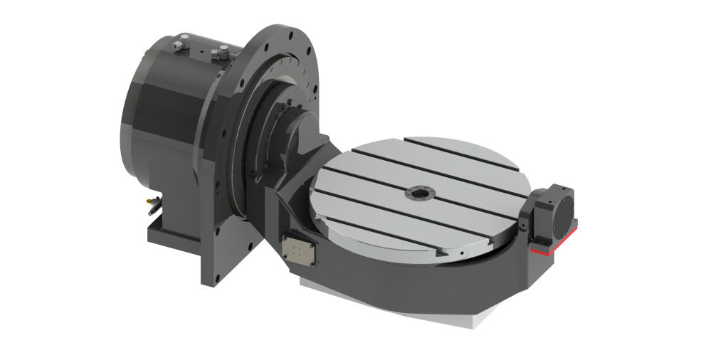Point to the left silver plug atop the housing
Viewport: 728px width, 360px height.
pos(177,45)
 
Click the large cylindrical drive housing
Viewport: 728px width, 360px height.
pos(171,107)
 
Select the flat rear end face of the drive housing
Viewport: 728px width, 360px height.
pos(128,114)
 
